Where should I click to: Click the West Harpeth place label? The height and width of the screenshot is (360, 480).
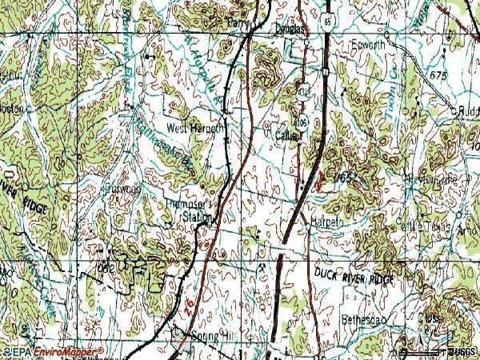click(x=196, y=127)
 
